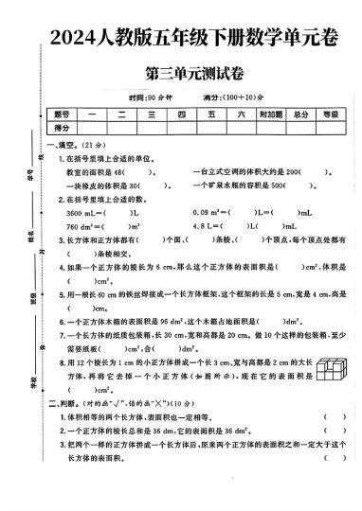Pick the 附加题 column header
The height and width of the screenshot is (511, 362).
point(271,114)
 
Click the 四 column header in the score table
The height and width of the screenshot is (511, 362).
point(180,114)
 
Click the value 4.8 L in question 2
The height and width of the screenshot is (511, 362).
point(205,227)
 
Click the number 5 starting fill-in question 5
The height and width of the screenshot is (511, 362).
point(60,294)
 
